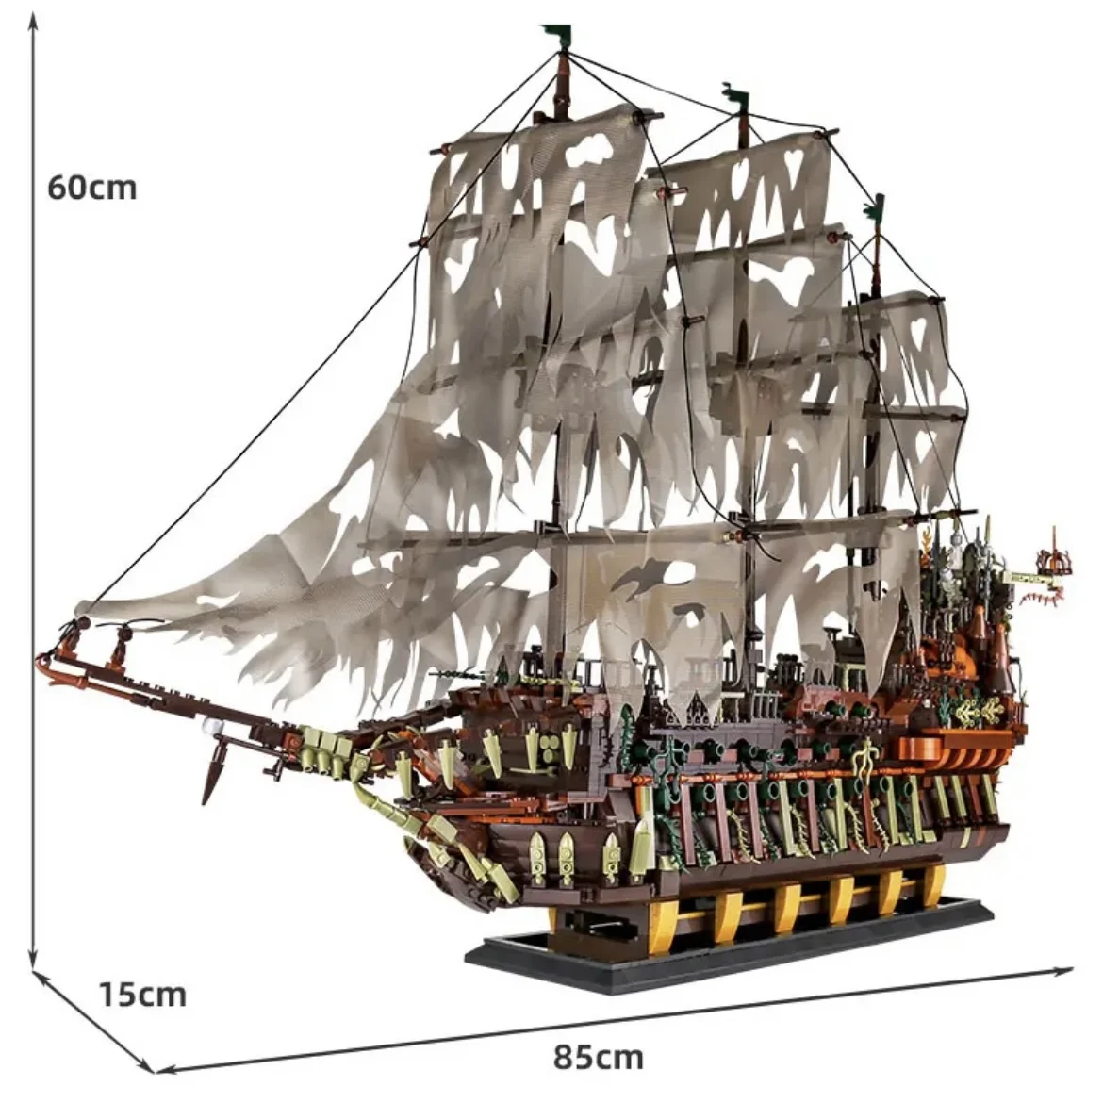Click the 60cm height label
point(92,188)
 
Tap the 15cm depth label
point(143,994)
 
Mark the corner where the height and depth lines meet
point(35,971)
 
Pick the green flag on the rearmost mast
point(878,204)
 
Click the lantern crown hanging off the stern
point(1054,566)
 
